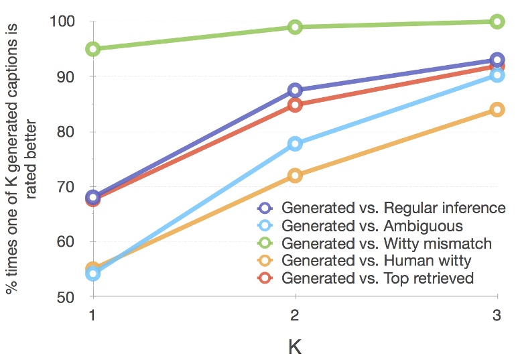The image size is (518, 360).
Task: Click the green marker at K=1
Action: point(92,49)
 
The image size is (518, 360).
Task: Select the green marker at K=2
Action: point(295,27)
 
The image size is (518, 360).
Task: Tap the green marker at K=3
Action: point(497,21)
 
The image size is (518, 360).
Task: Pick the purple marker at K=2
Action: point(295,90)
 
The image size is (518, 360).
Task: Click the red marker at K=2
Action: point(295,105)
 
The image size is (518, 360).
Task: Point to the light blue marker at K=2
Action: point(295,143)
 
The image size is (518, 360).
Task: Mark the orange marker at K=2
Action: point(295,176)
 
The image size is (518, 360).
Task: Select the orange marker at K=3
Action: point(497,109)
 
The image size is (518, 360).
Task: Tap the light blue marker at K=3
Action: point(497,75)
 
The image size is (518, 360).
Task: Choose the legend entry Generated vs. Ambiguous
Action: point(372,225)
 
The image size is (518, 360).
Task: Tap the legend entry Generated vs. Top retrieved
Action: point(378,278)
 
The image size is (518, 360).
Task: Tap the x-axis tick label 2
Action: point(295,316)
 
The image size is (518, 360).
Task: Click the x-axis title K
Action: point(295,346)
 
